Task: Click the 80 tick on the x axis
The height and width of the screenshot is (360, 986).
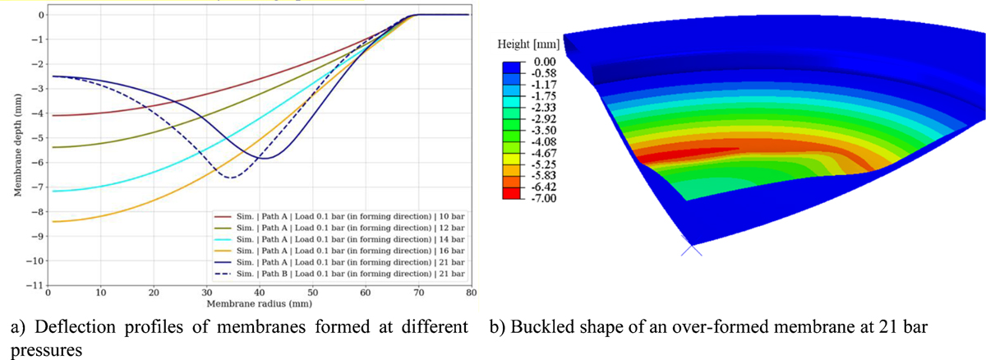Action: point(472,293)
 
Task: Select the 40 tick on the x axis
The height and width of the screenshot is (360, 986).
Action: point(260,293)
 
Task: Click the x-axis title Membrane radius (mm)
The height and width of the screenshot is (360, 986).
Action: point(260,302)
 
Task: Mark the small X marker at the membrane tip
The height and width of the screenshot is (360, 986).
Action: point(691,247)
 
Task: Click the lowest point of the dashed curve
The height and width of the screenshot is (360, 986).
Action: point(233,178)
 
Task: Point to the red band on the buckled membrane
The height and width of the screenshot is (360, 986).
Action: point(682,153)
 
